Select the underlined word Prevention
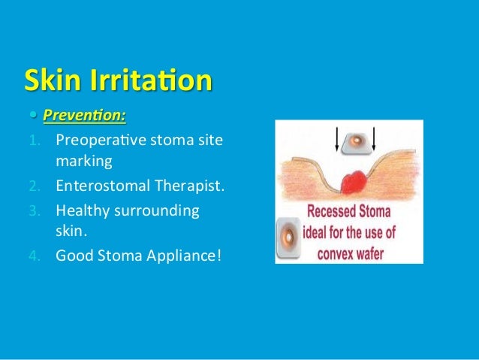tap(83, 116)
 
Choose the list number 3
tap(44, 212)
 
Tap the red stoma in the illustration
tap(351, 181)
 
